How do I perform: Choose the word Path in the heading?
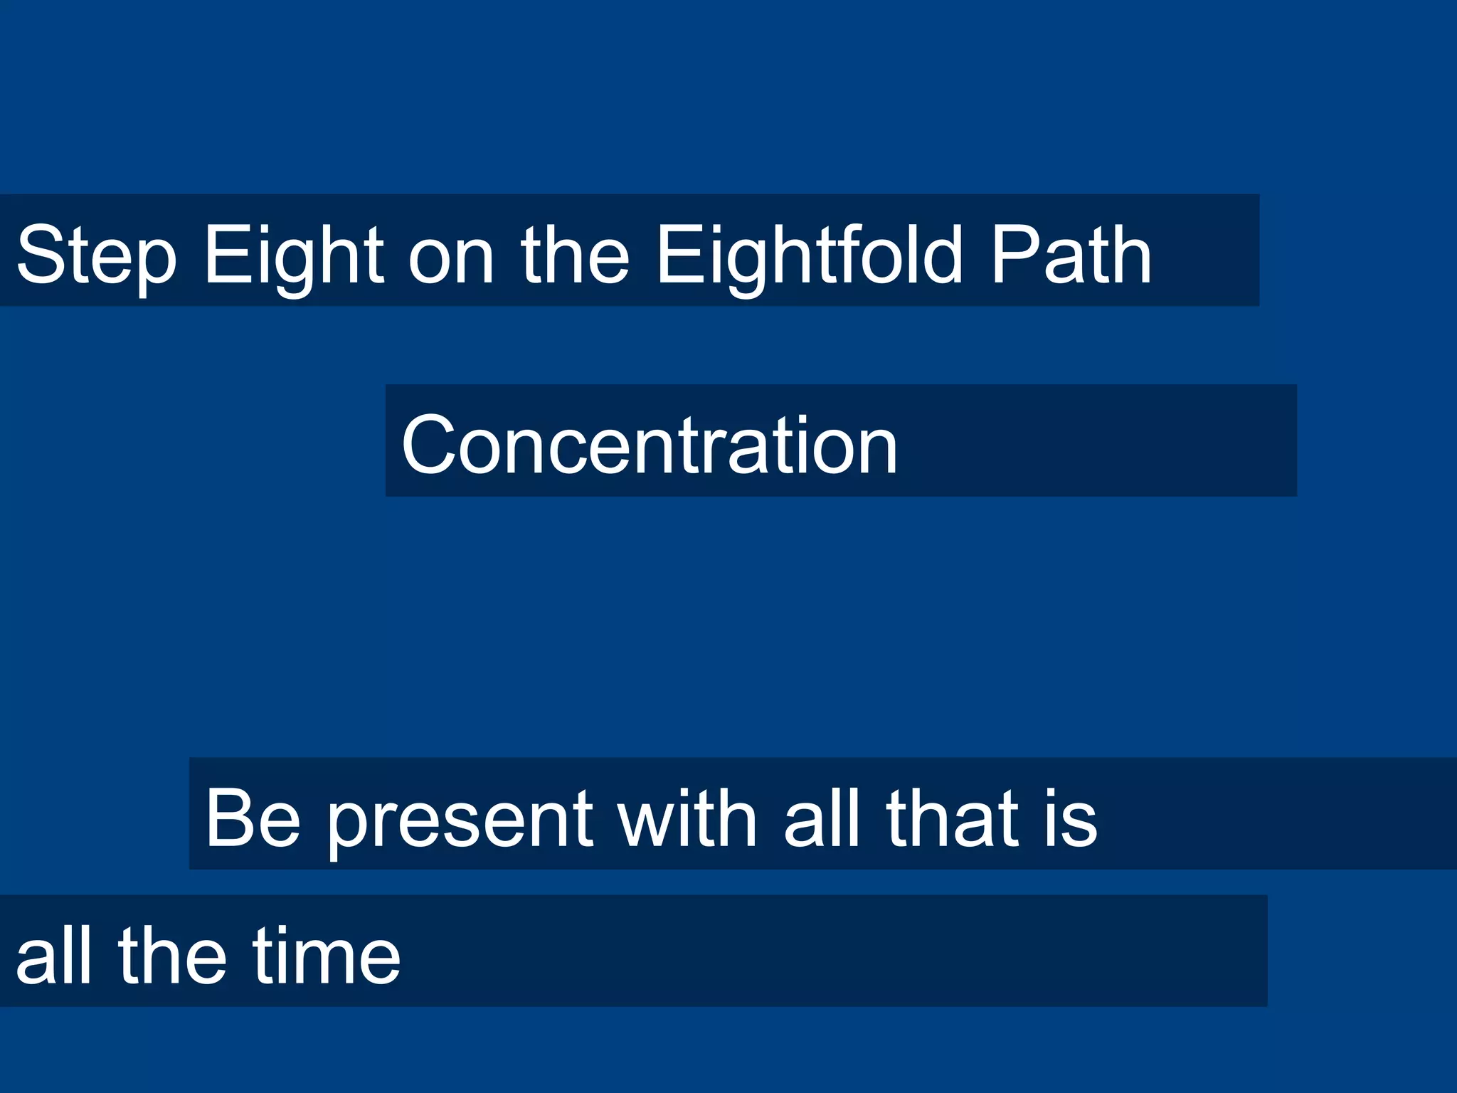pyautogui.click(x=1071, y=255)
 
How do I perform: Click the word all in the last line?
pyautogui.click(x=54, y=955)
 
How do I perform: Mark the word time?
pyautogui.click(x=327, y=955)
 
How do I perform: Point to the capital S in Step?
pyautogui.click(x=39, y=255)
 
